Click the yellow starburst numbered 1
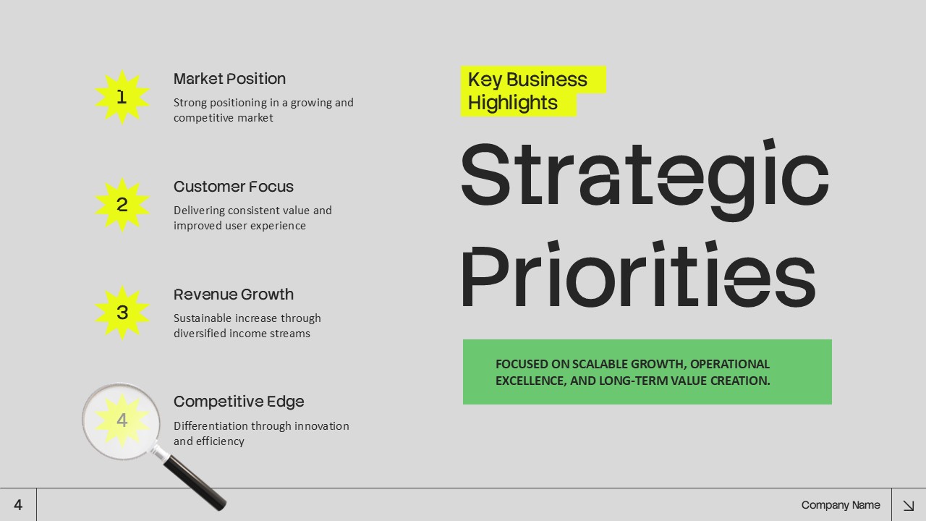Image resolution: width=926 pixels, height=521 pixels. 122,97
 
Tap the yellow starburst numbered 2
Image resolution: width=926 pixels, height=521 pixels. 122,205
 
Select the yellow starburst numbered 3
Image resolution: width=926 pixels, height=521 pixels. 122,313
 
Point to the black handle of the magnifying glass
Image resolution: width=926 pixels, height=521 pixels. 193,483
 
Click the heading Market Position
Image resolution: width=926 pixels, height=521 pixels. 229,79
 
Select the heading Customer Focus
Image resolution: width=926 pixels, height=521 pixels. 233,187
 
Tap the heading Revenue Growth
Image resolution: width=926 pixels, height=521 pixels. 233,295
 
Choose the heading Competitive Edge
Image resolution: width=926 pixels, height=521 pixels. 239,402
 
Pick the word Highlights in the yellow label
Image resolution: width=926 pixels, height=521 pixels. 512,103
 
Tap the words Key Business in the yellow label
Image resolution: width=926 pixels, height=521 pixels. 527,80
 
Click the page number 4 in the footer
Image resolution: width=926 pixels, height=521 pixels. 18,505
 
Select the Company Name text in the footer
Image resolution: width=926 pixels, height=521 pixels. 841,505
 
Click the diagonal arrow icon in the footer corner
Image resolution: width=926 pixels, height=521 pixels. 908,505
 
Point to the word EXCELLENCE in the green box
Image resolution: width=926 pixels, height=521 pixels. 529,381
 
